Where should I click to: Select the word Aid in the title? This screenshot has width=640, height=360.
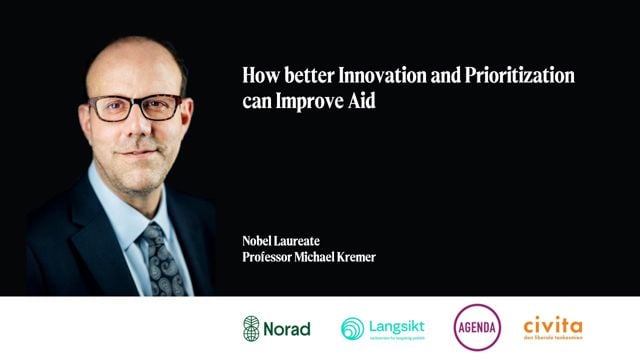click(362, 102)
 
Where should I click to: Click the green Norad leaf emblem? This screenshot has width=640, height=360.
click(251, 327)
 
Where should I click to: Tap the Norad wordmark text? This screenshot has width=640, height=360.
click(287, 328)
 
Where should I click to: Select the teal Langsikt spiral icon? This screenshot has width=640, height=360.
click(352, 328)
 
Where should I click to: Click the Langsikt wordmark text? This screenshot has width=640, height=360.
click(396, 325)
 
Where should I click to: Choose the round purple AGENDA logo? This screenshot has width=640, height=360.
click(477, 327)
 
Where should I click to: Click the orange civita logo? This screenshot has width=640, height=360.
click(552, 326)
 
